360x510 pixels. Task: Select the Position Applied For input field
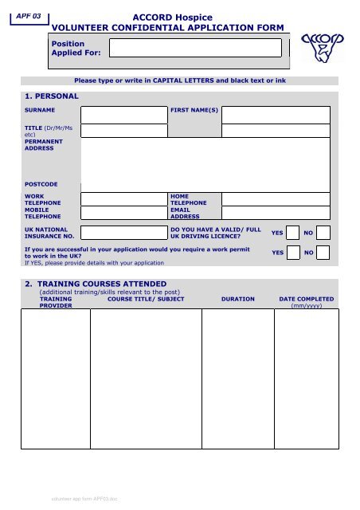coord(196,48)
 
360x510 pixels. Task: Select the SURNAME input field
coord(123,114)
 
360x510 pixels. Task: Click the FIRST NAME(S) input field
coord(276,114)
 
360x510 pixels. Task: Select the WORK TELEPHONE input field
coord(123,199)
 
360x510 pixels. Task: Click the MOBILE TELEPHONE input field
coord(123,213)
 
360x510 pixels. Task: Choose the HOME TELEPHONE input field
coord(276,199)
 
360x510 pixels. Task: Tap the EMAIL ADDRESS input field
coord(276,213)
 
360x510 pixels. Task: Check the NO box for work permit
coord(323,252)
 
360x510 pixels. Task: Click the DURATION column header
coord(237,299)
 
